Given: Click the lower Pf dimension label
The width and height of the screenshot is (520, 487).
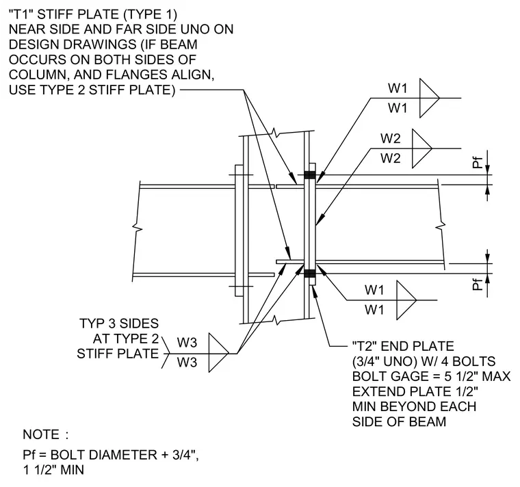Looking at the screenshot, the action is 477,284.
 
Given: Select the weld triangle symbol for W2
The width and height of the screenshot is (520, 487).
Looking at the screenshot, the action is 422,148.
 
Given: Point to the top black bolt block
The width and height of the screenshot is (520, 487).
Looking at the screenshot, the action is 310,174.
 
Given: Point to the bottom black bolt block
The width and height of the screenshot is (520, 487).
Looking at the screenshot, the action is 310,274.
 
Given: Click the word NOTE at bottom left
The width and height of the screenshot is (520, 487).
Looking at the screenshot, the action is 41,434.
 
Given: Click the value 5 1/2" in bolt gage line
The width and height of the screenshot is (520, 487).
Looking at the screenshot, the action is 459,376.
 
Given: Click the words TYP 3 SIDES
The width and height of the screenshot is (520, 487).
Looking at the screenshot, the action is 119,324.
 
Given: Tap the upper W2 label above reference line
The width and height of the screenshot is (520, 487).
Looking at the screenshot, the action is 390,138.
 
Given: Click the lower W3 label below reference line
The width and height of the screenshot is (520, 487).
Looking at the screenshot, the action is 187,362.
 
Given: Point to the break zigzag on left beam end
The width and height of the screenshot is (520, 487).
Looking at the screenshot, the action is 138,228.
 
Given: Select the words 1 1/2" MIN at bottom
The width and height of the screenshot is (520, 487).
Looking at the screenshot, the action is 53,470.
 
